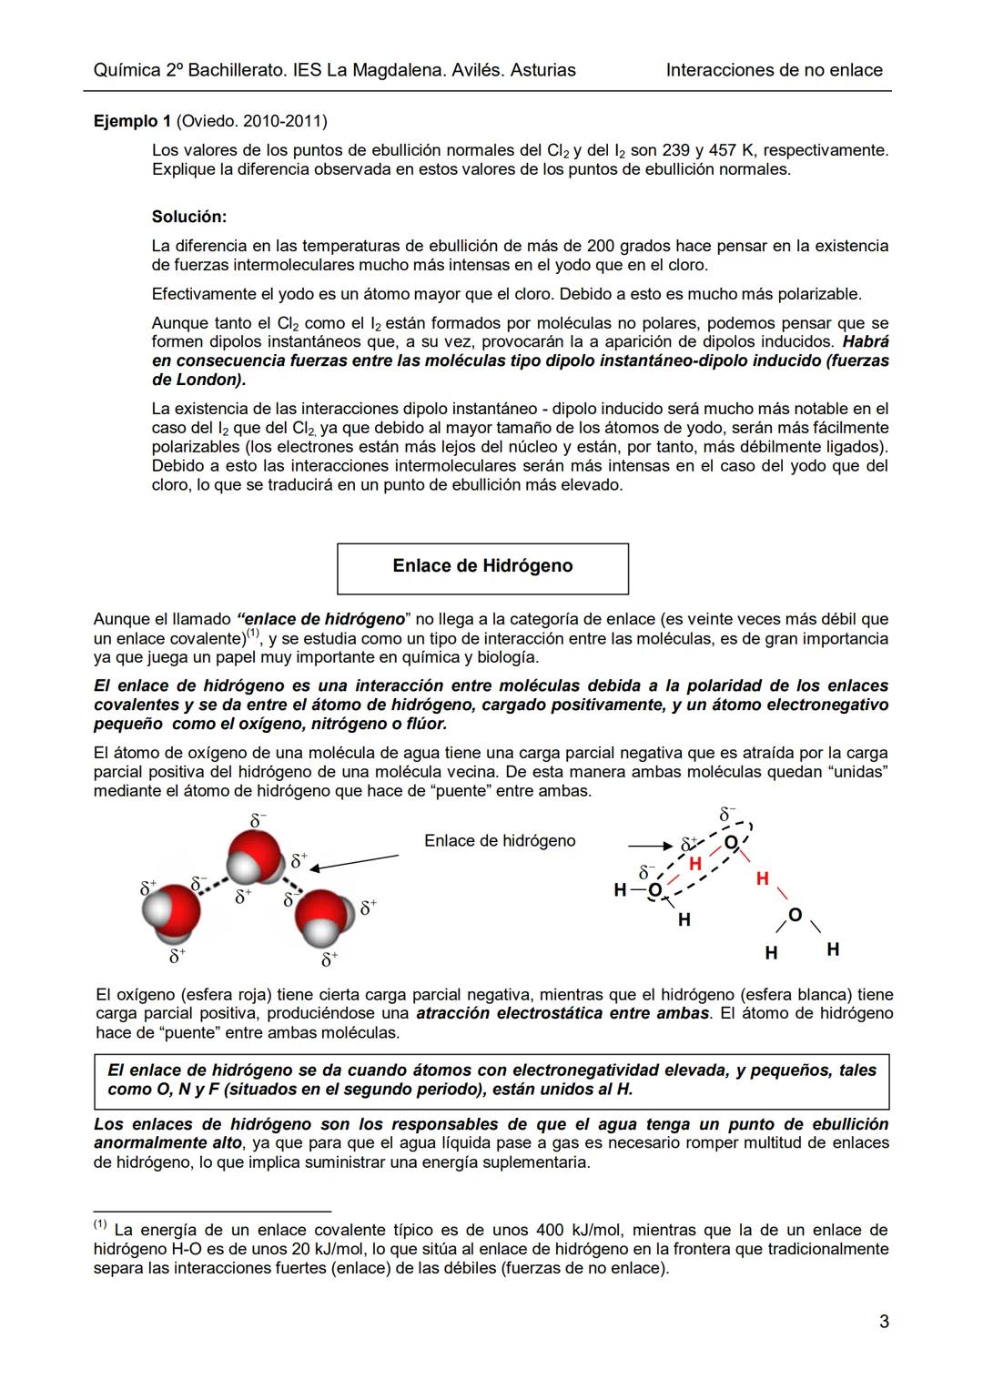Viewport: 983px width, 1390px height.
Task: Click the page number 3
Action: [884, 1322]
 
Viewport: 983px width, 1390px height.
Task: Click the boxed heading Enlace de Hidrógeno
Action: [482, 566]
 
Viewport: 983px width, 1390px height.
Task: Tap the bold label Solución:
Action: [189, 217]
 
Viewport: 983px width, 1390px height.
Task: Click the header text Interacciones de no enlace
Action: [774, 70]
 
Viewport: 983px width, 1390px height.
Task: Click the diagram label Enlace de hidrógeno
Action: [500, 841]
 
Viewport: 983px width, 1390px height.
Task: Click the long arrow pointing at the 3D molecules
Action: [359, 862]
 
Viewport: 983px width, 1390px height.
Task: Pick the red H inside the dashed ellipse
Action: [694, 863]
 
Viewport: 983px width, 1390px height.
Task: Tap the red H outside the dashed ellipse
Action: [762, 878]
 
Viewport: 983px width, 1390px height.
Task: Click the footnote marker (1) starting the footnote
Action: [100, 1224]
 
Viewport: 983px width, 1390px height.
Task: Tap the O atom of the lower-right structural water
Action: [795, 915]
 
